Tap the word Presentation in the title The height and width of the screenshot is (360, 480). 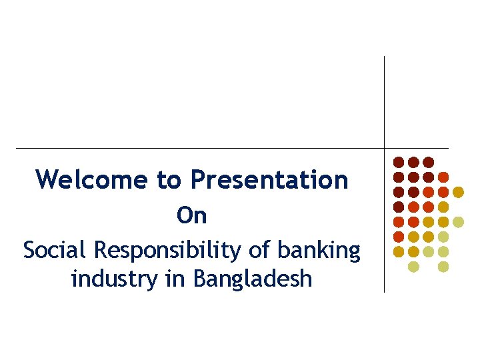[269, 179]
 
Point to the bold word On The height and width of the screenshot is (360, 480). [192, 215]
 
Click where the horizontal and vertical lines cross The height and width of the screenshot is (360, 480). [385, 148]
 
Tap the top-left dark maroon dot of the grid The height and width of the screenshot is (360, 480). [399, 162]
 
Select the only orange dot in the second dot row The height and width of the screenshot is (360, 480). [443, 177]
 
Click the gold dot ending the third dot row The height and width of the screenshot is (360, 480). [458, 192]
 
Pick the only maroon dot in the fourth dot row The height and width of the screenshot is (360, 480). [399, 207]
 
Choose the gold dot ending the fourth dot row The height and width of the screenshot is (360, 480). [443, 207]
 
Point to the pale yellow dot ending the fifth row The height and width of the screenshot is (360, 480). [458, 221]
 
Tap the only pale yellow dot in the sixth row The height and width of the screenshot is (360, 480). [443, 237]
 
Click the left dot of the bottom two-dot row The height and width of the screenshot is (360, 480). [413, 267]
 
